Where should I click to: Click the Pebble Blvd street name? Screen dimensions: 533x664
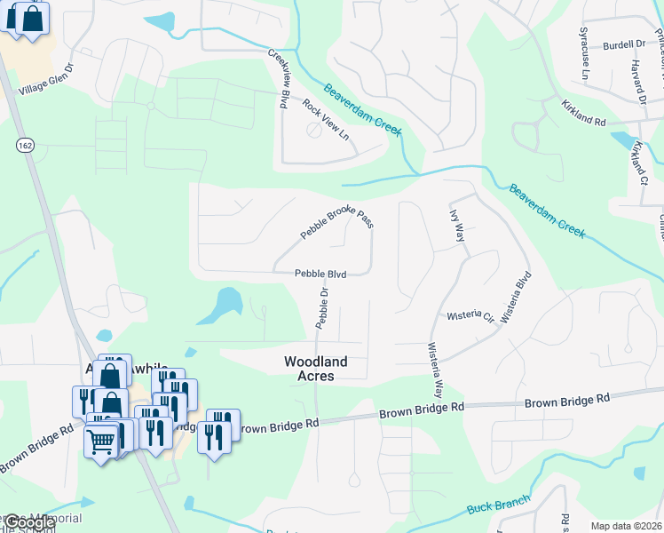pos(320,275)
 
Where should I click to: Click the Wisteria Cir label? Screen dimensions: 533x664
pos(470,315)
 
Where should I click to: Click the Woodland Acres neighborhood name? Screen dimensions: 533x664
pos(315,369)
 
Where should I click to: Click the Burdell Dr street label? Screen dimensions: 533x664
pos(623,44)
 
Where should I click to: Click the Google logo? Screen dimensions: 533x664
pos(28,522)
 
